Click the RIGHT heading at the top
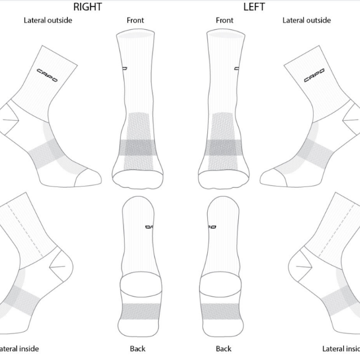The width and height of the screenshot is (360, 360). pyautogui.click(x=88, y=7)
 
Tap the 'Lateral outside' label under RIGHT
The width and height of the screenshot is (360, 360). pyautogui.click(x=48, y=21)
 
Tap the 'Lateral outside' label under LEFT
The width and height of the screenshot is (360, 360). pyautogui.click(x=307, y=21)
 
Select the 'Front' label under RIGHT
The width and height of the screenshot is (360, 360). pyautogui.click(x=135, y=21)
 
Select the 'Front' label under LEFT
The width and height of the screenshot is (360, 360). pyautogui.click(x=225, y=21)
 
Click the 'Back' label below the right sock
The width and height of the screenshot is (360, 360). pyautogui.click(x=138, y=349)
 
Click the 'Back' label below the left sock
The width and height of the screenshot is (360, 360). pyautogui.click(x=224, y=349)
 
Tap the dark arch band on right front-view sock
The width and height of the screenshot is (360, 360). pyautogui.click(x=138, y=147)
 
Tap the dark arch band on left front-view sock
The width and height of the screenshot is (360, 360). pyautogui.click(x=223, y=147)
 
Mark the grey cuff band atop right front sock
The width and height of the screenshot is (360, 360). pyautogui.click(x=135, y=35)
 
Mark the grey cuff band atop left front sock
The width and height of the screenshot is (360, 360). pyautogui.click(x=224, y=35)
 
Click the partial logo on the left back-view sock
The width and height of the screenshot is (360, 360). pyautogui.click(x=211, y=227)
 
